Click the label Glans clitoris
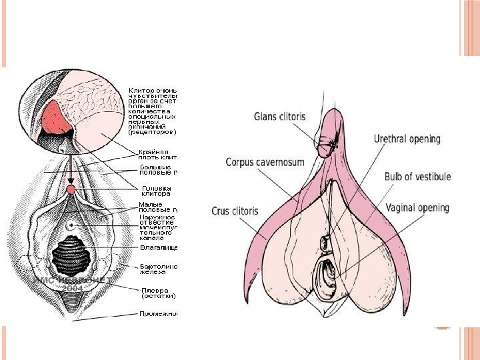pos(280,115)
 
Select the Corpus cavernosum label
pos(265,162)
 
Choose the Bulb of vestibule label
pos(417,177)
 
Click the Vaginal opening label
pos(417,208)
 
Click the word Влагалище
pos(157,248)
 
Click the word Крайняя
pos(153,153)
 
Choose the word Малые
pos(151,205)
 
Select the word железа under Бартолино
pos(151,272)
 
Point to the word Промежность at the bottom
pos(160,313)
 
